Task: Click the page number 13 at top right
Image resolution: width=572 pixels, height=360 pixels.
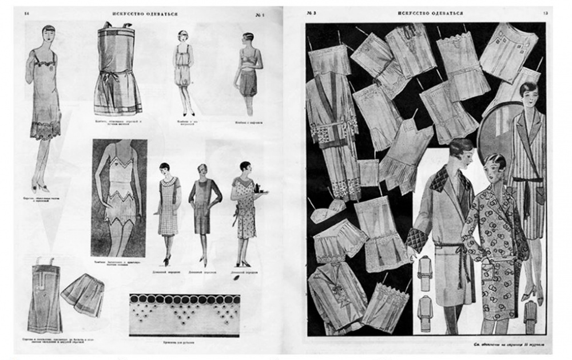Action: point(545,13)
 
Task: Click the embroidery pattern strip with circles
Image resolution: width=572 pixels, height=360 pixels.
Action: point(184,314)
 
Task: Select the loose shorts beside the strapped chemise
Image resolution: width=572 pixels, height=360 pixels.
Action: point(83,295)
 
